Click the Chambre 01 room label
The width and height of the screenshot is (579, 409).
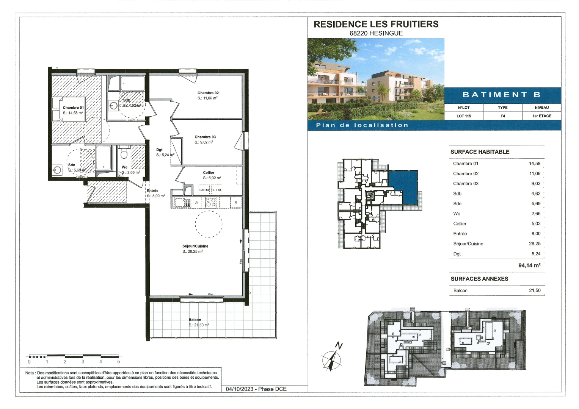[x=73, y=108]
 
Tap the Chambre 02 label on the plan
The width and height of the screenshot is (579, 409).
[x=208, y=93]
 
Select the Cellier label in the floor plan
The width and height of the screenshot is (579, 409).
[x=209, y=173]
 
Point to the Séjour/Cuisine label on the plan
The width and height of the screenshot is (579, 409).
[x=195, y=246]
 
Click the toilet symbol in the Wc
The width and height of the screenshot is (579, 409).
[x=123, y=154]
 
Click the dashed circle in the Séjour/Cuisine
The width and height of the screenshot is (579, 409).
[x=208, y=224]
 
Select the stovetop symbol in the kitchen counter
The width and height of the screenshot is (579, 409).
[x=210, y=203]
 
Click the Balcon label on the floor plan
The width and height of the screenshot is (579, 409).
[x=195, y=320]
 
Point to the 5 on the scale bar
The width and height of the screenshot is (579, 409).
[x=119, y=362]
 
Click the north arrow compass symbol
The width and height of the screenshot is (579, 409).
[x=332, y=358]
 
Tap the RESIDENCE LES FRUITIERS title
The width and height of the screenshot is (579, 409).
[x=376, y=24]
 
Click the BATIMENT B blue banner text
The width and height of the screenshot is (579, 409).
[x=501, y=95]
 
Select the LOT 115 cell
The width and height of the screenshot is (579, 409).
[x=463, y=116]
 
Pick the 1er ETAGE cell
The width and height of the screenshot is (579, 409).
[x=541, y=116]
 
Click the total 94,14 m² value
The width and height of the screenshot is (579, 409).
[x=529, y=265]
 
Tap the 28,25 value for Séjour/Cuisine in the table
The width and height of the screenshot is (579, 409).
[x=535, y=244]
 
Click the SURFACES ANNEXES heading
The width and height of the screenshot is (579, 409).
[x=479, y=279]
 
